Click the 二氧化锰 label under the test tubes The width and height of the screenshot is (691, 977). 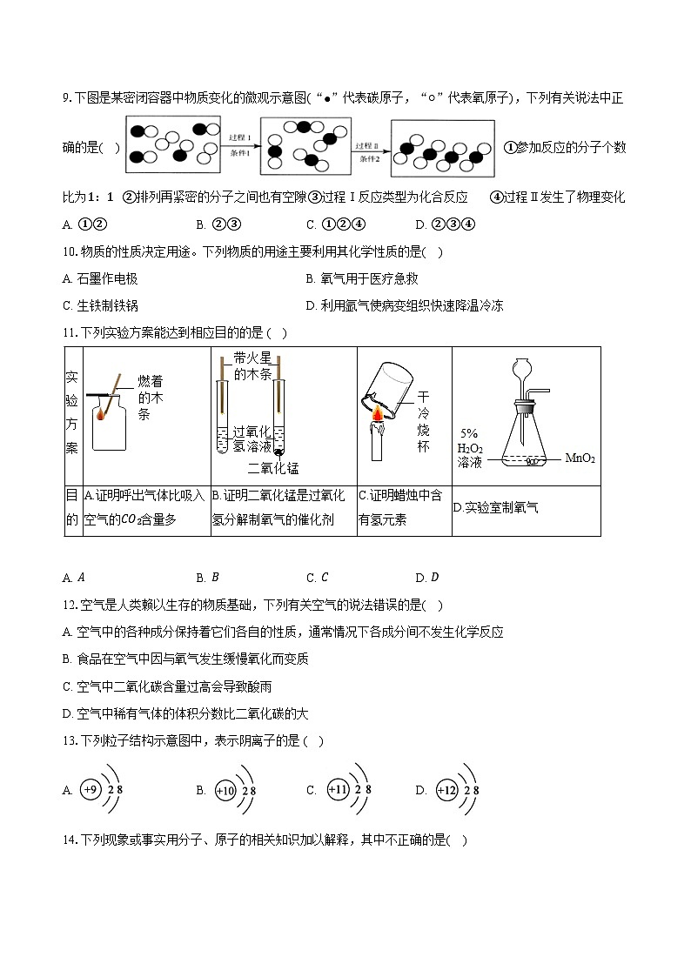pos(272,468)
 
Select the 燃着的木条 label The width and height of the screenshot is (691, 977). pos(150,398)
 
